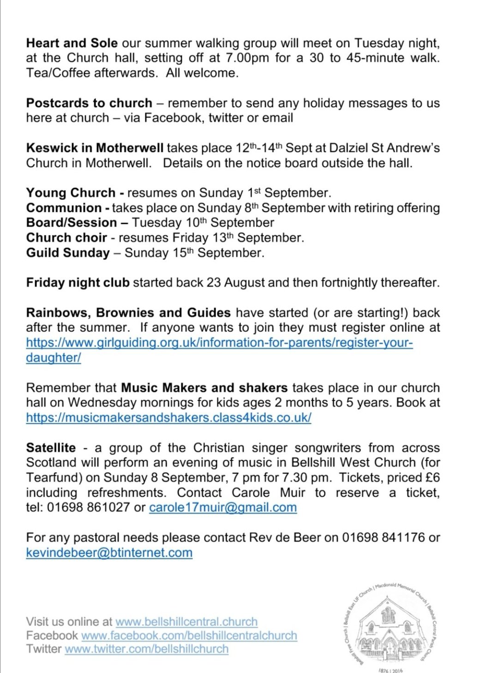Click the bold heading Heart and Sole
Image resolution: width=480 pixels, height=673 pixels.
click(x=72, y=43)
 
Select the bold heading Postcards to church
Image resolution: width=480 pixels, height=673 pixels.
click(x=89, y=103)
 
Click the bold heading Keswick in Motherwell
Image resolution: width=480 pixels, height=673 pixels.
click(x=95, y=148)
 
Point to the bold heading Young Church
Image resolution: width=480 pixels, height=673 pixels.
click(x=71, y=193)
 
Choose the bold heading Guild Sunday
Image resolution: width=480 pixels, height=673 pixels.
click(x=68, y=253)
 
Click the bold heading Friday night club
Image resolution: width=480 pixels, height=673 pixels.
click(x=78, y=282)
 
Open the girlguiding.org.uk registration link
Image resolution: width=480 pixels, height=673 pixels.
click(x=219, y=343)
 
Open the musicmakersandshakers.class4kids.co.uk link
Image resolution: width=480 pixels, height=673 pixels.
click(x=168, y=418)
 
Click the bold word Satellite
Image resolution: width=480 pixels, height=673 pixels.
click(x=51, y=448)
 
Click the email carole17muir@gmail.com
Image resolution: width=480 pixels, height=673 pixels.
click(x=222, y=508)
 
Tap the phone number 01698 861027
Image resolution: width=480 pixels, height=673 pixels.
click(x=88, y=508)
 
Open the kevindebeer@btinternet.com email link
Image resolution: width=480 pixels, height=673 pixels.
click(x=109, y=553)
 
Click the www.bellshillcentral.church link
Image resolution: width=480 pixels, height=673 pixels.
click(x=186, y=622)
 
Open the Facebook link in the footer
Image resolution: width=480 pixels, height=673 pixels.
click(x=189, y=636)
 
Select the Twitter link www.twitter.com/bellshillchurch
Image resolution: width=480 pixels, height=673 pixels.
click(x=146, y=649)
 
